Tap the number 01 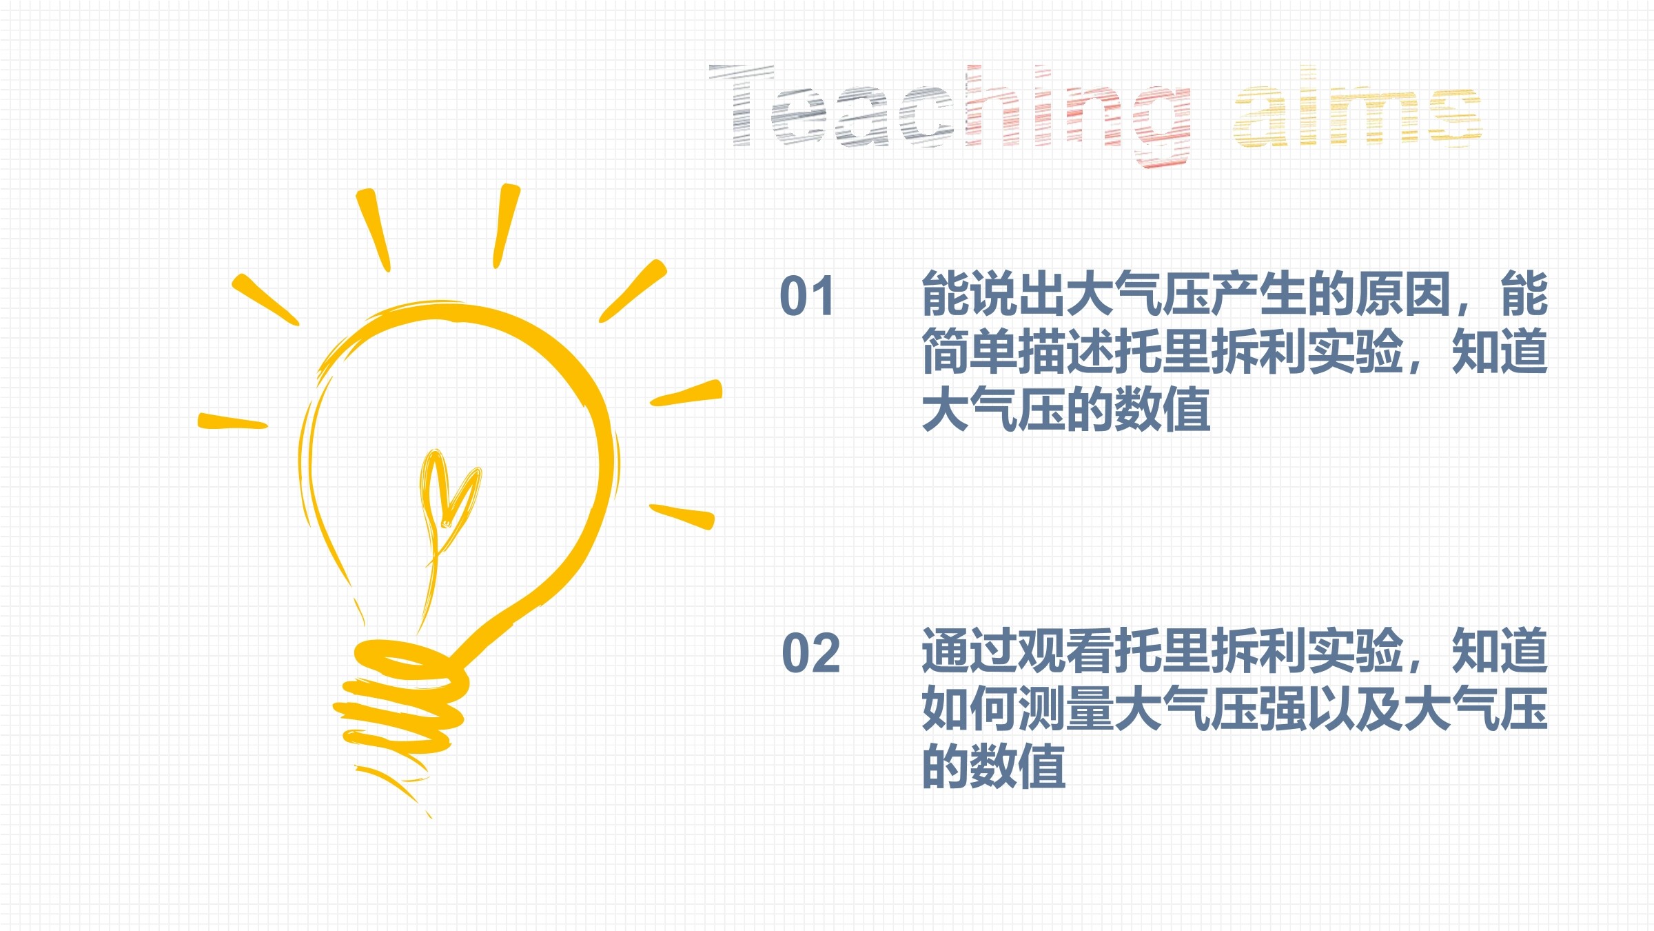[806, 297]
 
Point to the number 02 [810, 652]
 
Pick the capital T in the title [742, 105]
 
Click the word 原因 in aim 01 [1405, 294]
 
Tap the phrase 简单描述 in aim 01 [1018, 352]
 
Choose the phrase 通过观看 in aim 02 [1018, 650]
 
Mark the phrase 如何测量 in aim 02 [1018, 708]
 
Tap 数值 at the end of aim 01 [1163, 410]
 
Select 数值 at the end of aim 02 [1018, 766]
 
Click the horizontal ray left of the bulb [232, 421]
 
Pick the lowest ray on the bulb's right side [682, 517]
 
